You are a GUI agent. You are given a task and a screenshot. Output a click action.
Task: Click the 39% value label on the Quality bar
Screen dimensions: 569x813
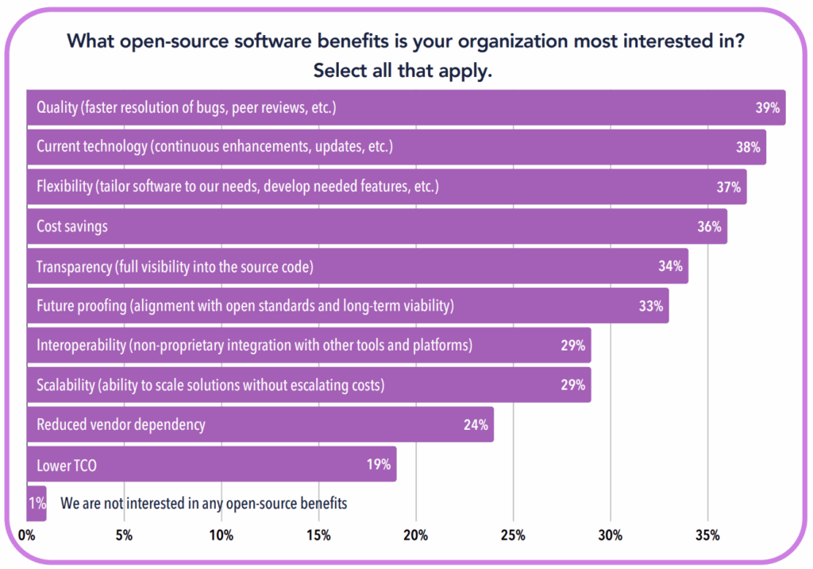pyautogui.click(x=768, y=108)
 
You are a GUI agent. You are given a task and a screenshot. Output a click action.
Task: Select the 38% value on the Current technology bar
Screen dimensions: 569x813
pyautogui.click(x=748, y=148)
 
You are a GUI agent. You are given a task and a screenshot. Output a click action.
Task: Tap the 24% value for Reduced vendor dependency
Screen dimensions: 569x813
pyautogui.click(x=475, y=424)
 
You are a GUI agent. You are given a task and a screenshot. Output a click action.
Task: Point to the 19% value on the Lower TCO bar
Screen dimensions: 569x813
pyautogui.click(x=378, y=465)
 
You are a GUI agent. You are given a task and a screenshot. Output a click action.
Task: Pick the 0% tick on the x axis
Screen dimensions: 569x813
pyautogui.click(x=26, y=535)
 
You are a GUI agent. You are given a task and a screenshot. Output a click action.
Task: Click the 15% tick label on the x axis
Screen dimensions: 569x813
pyautogui.click(x=318, y=535)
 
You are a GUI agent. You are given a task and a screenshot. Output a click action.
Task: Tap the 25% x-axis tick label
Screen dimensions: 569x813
pyautogui.click(x=513, y=535)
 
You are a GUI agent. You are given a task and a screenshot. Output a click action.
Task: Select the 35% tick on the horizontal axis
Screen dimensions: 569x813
pyautogui.click(x=707, y=535)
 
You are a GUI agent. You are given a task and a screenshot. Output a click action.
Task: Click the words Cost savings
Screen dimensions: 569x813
pyautogui.click(x=72, y=226)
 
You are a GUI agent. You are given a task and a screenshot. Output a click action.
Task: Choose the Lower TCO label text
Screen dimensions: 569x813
pyautogui.click(x=67, y=465)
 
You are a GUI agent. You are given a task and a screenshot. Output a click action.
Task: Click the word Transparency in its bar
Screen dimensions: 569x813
pyautogui.click(x=74, y=266)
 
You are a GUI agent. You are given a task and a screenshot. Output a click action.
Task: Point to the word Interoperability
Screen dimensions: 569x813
pyautogui.click(x=80, y=346)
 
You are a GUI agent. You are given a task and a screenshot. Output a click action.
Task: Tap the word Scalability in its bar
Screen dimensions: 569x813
pyautogui.click(x=65, y=385)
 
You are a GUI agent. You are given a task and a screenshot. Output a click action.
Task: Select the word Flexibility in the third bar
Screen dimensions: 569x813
pyautogui.click(x=64, y=187)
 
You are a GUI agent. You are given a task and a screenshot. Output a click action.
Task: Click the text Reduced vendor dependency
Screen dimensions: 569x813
pyautogui.click(x=121, y=424)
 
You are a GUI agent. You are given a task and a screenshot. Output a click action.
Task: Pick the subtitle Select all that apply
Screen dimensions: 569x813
pyautogui.click(x=403, y=70)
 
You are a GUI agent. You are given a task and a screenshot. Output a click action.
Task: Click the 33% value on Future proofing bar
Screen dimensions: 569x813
pyautogui.click(x=650, y=306)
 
